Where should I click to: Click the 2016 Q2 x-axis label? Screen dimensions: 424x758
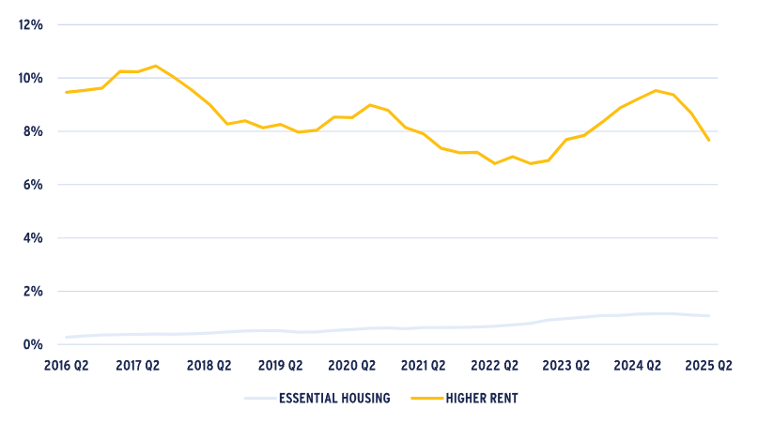[x=66, y=365]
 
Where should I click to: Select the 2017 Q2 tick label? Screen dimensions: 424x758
[x=137, y=365]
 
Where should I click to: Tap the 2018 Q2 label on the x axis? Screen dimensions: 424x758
[x=209, y=365]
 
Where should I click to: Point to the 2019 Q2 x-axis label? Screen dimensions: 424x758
[x=280, y=365]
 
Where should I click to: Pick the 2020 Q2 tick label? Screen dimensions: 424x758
[x=351, y=365]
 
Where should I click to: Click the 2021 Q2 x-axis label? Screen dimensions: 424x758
[x=423, y=365]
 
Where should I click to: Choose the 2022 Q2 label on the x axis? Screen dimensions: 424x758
[x=494, y=365]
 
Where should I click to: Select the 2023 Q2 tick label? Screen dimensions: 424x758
[x=565, y=365]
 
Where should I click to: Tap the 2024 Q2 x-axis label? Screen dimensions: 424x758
[x=637, y=365]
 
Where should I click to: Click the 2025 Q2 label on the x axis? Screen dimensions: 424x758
[x=708, y=365]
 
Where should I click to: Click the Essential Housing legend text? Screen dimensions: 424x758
[x=333, y=399]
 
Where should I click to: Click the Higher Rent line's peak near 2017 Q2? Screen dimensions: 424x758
[x=155, y=66]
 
